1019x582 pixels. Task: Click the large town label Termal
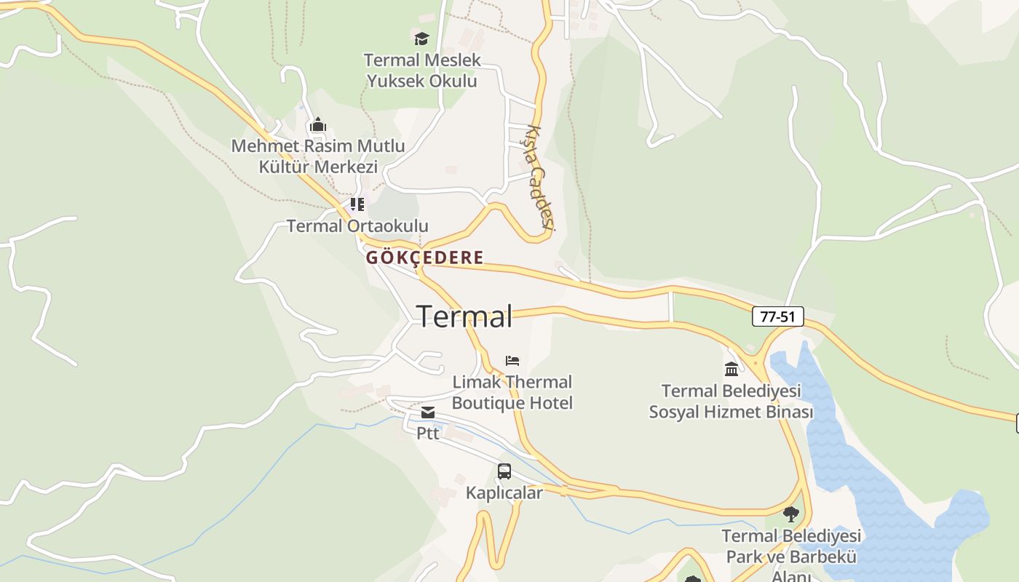[x=464, y=317]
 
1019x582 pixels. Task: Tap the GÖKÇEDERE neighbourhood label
[x=424, y=258]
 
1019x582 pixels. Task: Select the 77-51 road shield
[x=777, y=316]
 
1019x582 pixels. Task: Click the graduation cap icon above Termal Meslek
[x=421, y=39]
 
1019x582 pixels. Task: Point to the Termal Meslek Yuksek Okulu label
[x=422, y=71]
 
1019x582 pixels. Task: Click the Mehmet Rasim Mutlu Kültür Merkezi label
[x=318, y=156]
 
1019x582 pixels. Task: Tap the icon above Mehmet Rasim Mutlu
[x=317, y=125]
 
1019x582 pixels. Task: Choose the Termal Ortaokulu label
[x=357, y=226]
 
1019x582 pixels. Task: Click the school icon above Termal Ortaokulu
[x=357, y=204]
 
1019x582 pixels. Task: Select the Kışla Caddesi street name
[x=540, y=179]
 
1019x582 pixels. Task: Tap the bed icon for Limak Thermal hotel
[x=512, y=361]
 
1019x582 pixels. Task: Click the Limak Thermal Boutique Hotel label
[x=512, y=392]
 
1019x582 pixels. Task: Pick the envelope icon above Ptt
[x=428, y=413]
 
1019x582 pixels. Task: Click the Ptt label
[x=428, y=433]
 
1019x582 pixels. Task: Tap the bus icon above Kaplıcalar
[x=504, y=471]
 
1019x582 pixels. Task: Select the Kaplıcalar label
[x=504, y=493]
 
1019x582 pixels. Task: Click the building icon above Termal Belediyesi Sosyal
[x=731, y=369]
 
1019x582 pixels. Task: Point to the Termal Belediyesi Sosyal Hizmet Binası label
[x=731, y=402]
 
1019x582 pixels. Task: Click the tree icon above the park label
[x=791, y=514]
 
